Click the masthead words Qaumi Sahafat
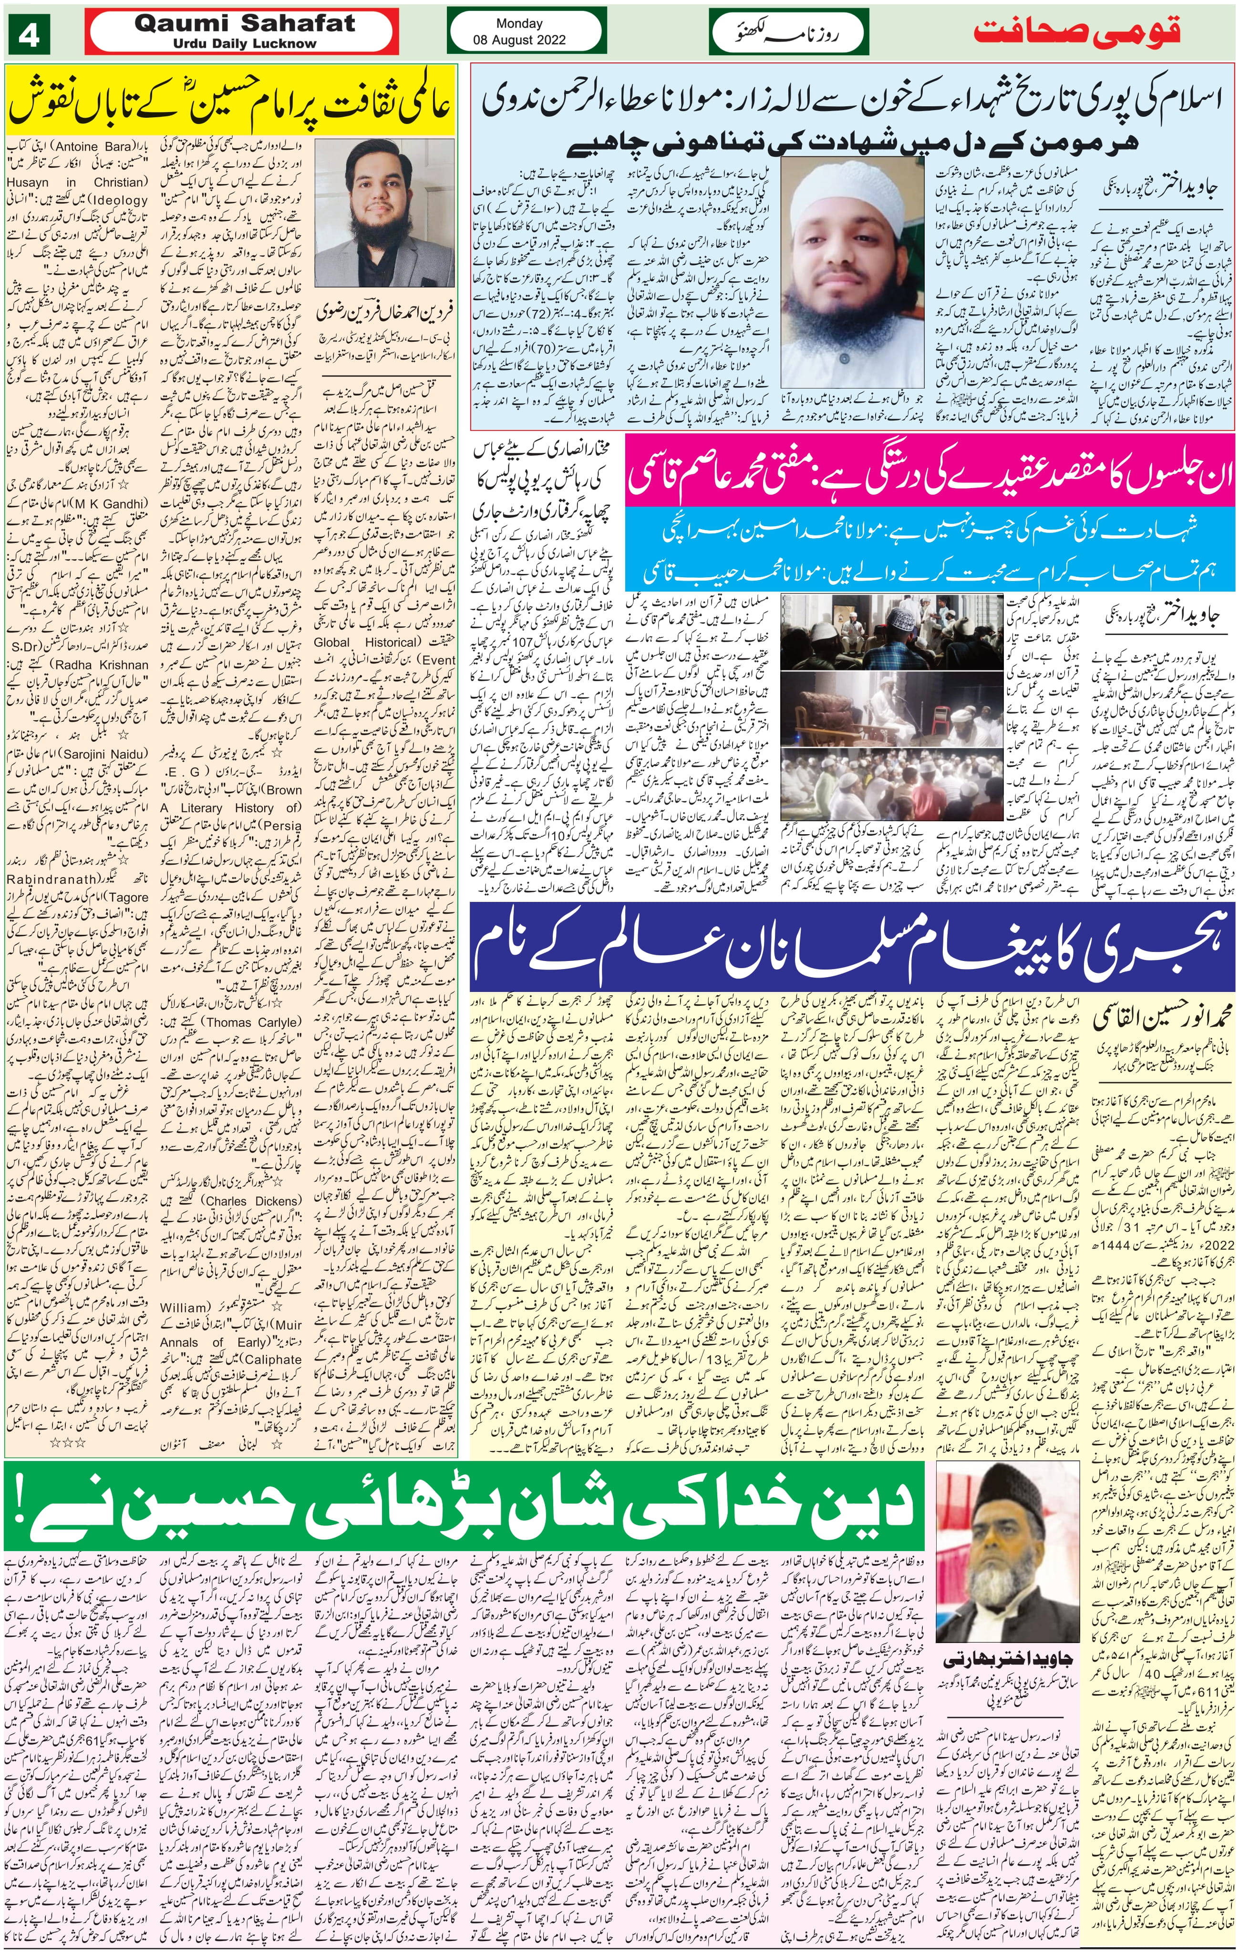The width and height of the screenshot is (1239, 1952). (245, 23)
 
